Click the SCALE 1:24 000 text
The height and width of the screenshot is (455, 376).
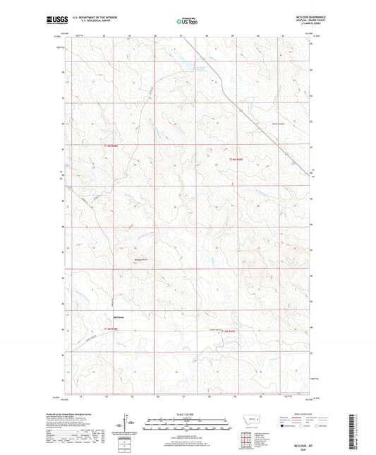click(187, 413)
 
